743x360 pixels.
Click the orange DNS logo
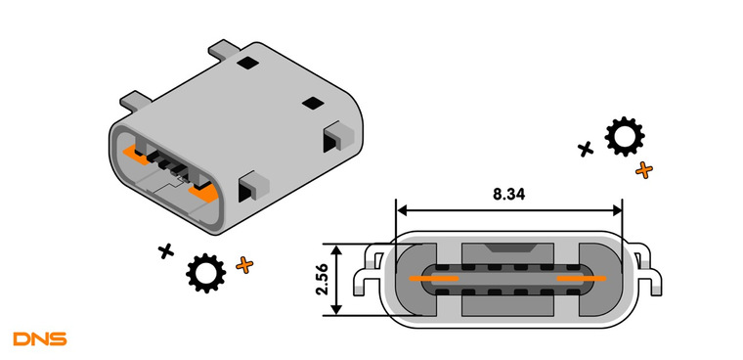pos(40,338)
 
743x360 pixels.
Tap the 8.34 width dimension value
pos(509,194)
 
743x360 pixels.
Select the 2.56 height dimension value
pos(322,280)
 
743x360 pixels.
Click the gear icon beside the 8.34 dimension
pos(624,137)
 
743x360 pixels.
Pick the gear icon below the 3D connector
pos(205,273)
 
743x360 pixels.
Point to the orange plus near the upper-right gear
pos(644,170)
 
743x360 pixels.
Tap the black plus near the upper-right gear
pos(586,149)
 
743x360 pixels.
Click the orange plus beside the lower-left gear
pos(244,265)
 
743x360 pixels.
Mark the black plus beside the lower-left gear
pos(166,250)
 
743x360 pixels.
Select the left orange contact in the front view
pos(433,278)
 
